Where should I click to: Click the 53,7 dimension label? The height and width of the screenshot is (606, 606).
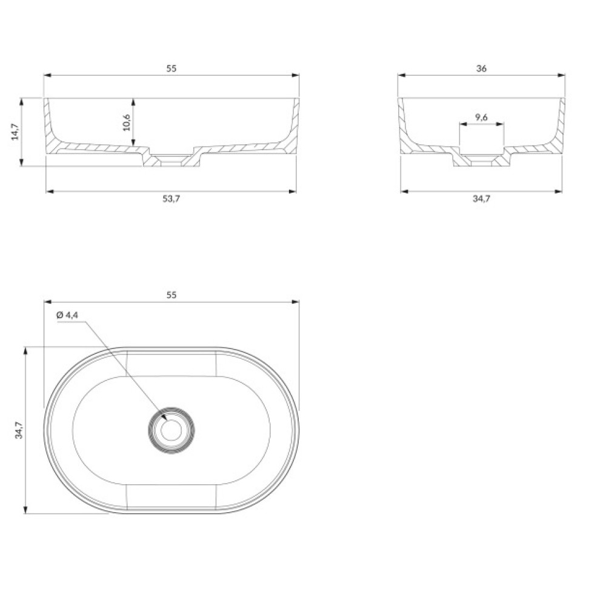171,199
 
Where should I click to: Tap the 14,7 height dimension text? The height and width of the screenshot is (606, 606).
15,132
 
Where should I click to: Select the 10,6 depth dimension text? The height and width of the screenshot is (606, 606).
127,122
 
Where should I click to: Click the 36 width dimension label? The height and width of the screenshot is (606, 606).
481,68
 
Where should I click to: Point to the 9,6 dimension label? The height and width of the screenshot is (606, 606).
481,117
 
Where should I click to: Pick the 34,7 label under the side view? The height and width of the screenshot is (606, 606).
481,199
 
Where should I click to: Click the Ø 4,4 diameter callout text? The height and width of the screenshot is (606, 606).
67,315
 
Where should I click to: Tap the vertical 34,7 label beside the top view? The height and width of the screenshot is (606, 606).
19,430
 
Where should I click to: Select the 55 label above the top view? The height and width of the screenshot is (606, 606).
171,295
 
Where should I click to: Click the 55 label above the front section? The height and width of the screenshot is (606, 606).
171,68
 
